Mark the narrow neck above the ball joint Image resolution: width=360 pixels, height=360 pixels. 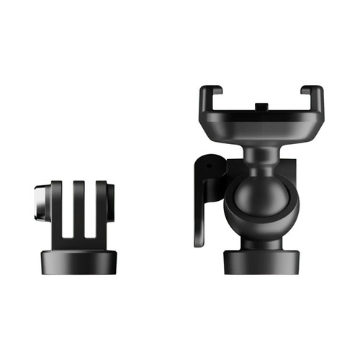point(260,153)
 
